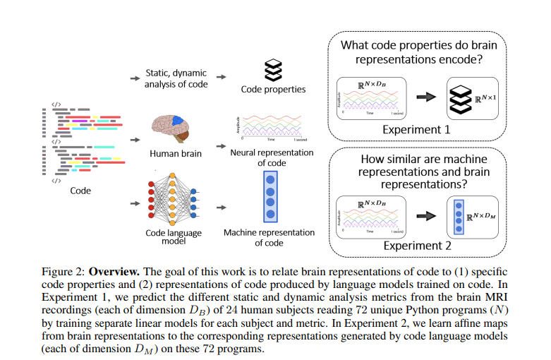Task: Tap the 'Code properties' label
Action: point(273,90)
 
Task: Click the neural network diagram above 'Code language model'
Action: point(174,200)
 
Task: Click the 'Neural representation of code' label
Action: point(272,157)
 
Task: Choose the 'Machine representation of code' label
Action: point(269,237)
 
